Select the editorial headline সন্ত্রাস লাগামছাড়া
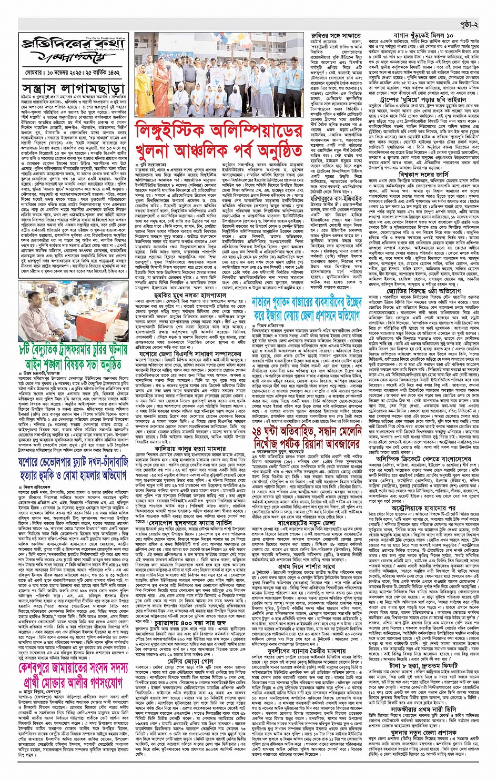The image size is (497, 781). pos(74,88)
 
